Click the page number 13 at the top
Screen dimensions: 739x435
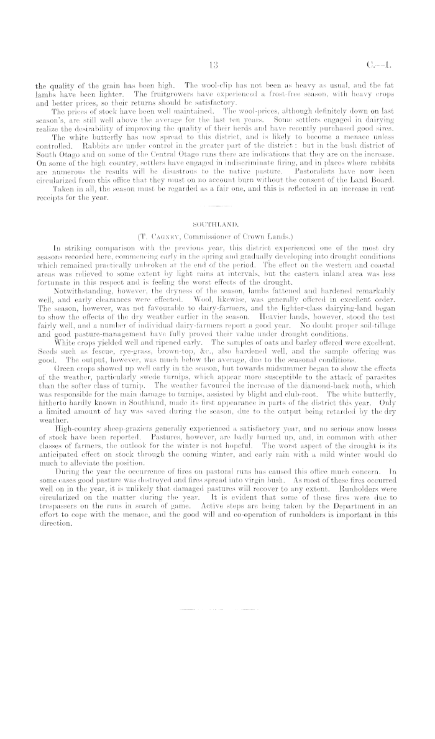pos(213,63)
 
